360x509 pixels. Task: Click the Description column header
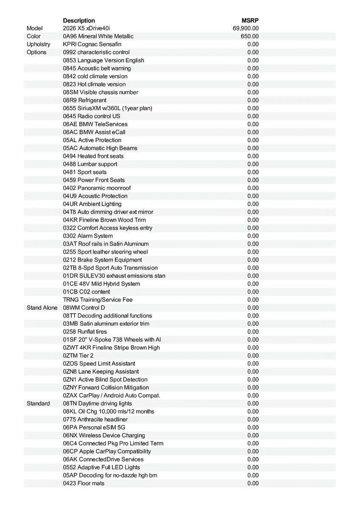(79, 20)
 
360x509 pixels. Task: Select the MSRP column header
(250, 20)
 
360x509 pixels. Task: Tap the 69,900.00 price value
(246, 28)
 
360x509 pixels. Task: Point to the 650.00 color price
(250, 36)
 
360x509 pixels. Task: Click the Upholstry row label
(38, 44)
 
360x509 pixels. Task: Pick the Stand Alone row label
(42, 308)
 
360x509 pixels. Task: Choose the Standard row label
(38, 403)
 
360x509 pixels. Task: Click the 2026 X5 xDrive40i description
(86, 28)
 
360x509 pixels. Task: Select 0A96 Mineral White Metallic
(98, 36)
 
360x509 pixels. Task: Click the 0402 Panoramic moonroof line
(97, 188)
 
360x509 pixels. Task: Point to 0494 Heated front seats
(93, 156)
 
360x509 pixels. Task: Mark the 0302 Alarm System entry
(88, 236)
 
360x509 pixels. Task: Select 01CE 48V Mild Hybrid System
(101, 284)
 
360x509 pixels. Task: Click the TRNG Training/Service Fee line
(98, 300)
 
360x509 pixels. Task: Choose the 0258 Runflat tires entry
(85, 332)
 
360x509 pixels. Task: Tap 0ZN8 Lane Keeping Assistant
(101, 372)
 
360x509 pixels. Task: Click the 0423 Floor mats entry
(84, 483)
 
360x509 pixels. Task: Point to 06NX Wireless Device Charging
(104, 435)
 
